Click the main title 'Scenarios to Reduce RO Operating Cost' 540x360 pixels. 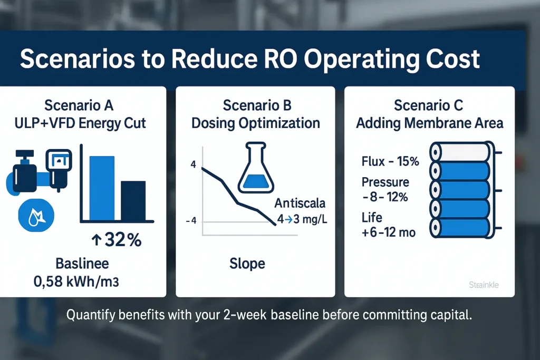(249, 59)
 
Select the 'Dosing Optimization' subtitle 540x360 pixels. (255, 123)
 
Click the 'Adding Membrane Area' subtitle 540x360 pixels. (429, 123)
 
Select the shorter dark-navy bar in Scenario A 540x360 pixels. (133, 200)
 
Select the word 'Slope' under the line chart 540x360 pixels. (247, 263)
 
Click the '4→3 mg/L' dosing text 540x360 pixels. (302, 219)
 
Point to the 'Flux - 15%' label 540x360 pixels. (390, 161)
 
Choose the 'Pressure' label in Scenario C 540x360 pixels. (385, 182)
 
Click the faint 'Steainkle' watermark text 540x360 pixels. (484, 285)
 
